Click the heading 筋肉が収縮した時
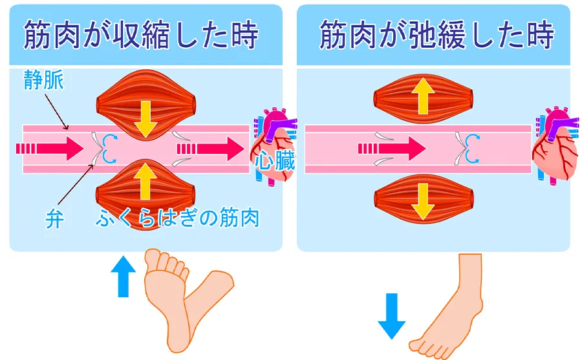click(x=141, y=37)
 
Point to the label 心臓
click(x=274, y=162)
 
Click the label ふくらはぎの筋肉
click(x=177, y=218)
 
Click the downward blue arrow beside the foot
click(x=391, y=316)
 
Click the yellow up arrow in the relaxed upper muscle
click(x=423, y=97)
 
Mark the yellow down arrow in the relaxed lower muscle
click(x=423, y=200)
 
